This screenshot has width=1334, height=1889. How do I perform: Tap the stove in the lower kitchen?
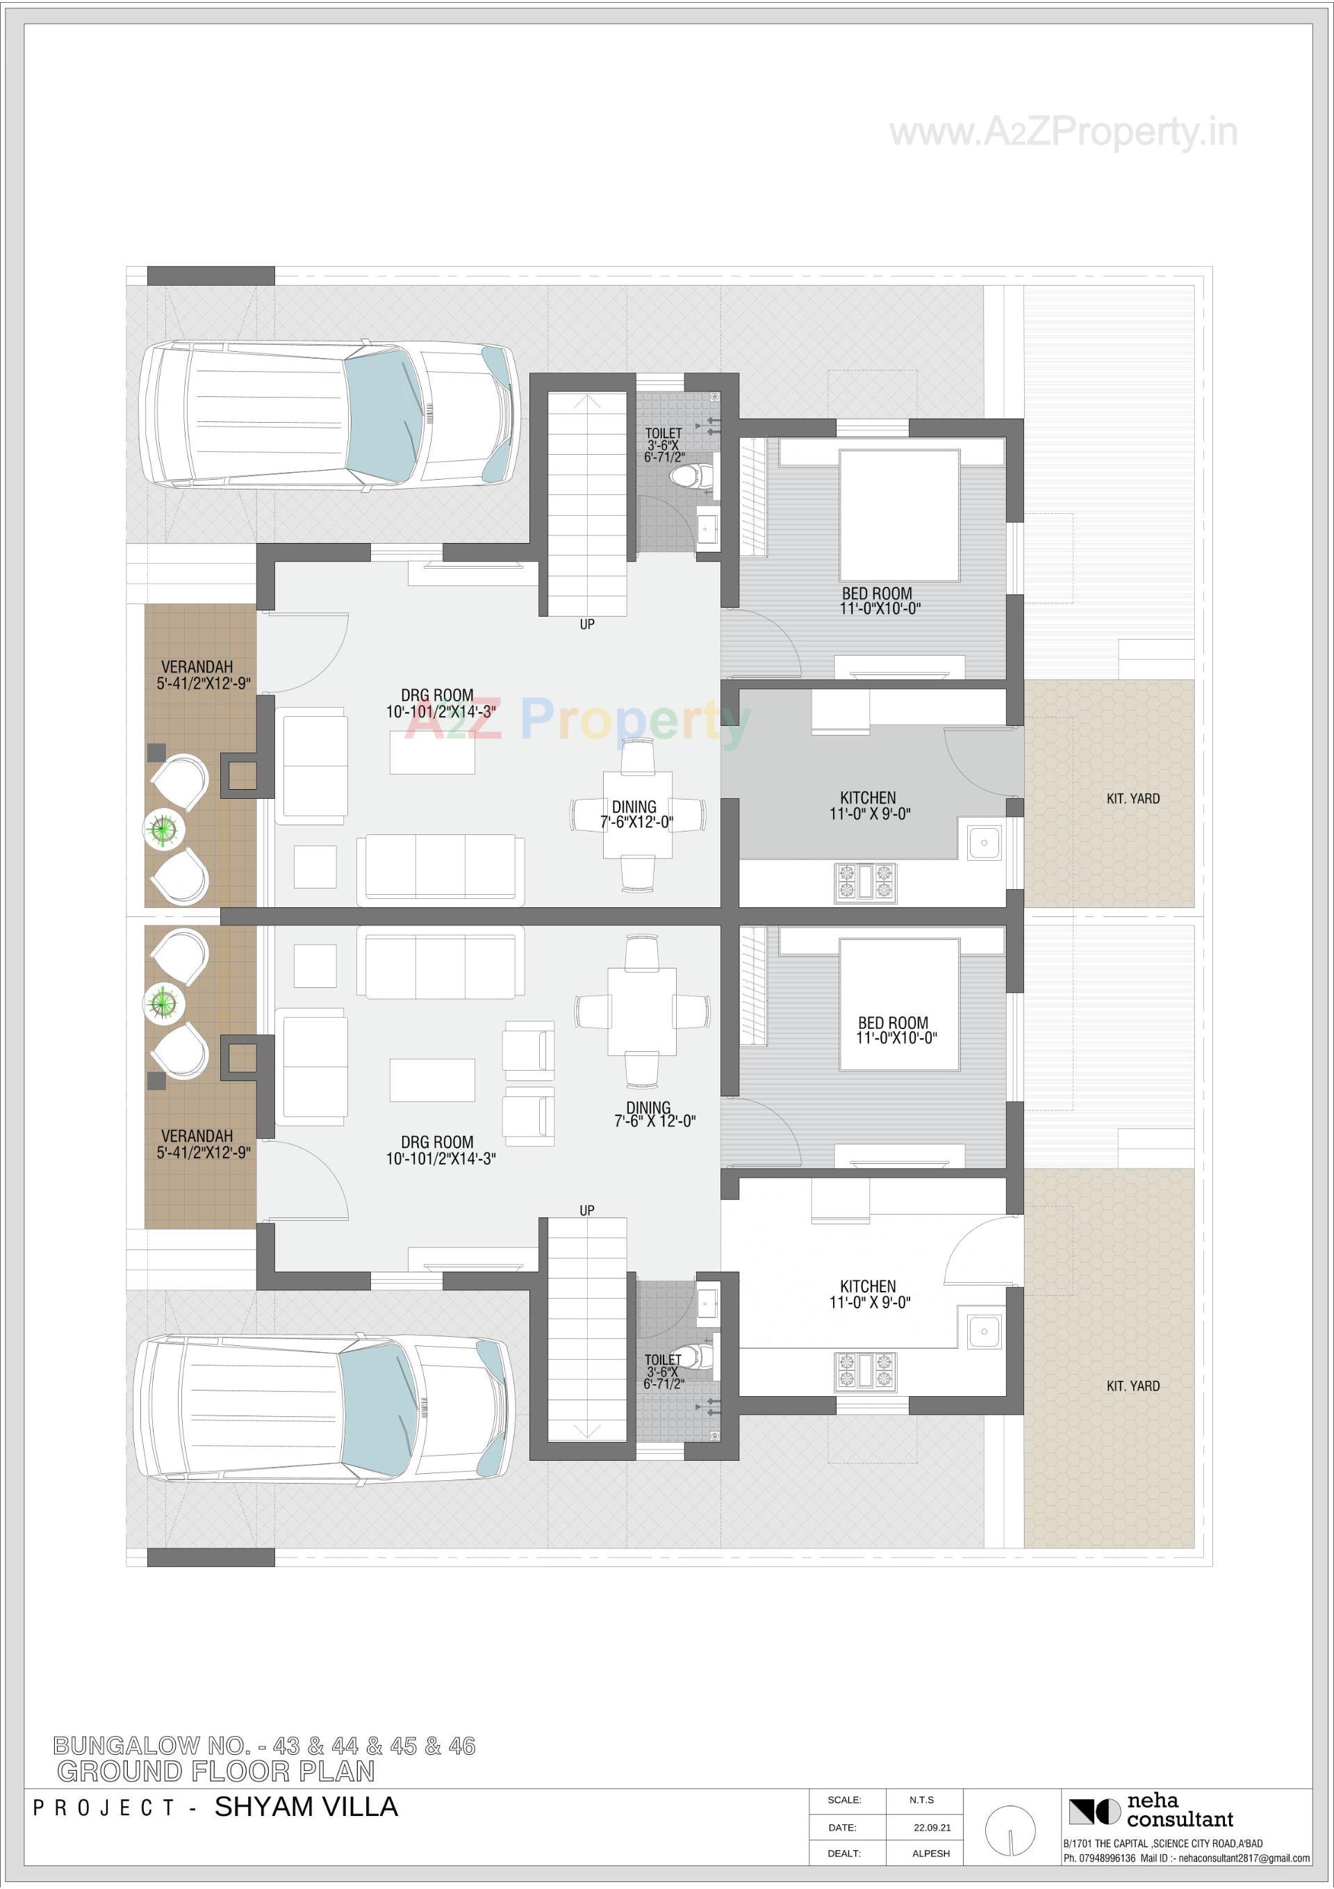click(864, 1372)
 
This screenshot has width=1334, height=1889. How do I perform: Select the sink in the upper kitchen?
click(984, 843)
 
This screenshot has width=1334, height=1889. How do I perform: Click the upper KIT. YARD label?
click(1133, 798)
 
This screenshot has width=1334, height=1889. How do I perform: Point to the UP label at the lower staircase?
click(586, 1210)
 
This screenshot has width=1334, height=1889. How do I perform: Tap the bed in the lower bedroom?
click(899, 1005)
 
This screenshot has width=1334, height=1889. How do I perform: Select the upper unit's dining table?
click(637, 815)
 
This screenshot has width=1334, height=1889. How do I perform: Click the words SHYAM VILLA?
click(306, 1807)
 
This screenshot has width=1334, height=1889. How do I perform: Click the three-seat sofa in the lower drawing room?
click(440, 962)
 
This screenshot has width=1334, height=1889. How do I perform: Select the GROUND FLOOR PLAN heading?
click(215, 1772)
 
